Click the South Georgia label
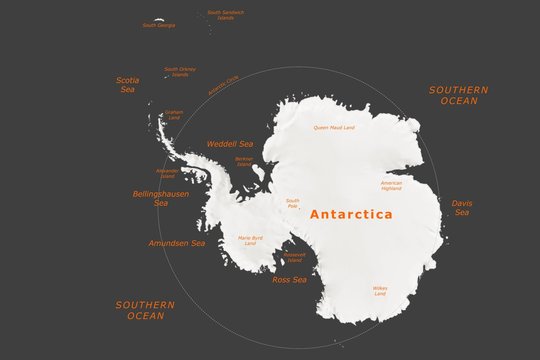pos(158,25)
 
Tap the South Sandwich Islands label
pos(226,15)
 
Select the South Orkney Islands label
pos(180,72)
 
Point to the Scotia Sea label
pos(127,85)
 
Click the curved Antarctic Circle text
pos(223,86)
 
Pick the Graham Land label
pos(174,115)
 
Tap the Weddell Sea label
pos(230,144)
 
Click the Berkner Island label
pos(244,161)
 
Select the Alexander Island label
pos(167,173)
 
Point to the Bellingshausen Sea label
pos(160,198)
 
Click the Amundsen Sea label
pos(176,243)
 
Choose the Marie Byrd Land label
pos(249,240)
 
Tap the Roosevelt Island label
pos(294,258)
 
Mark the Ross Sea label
pos(290,280)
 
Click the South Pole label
pos(292,203)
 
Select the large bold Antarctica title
pos(351,214)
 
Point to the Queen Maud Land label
pos(334,128)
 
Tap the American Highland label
pos(391,185)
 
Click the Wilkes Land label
pos(380,291)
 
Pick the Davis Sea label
pos(461,207)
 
